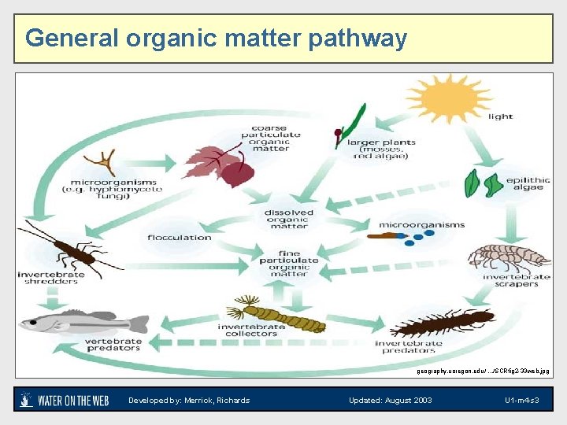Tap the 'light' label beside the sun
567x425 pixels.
[x=500, y=116]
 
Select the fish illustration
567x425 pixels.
[x=83, y=322]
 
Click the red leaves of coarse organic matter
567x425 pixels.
[x=224, y=164]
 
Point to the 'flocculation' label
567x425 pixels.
[x=180, y=237]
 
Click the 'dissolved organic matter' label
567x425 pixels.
[x=289, y=219]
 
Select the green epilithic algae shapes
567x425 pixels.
[x=484, y=183]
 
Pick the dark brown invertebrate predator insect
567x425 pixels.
[x=441, y=322]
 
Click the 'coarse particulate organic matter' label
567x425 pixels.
[x=270, y=138]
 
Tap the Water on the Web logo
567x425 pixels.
[x=64, y=400]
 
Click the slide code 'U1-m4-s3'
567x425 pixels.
[x=521, y=401]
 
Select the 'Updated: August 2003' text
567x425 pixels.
[x=390, y=401]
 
